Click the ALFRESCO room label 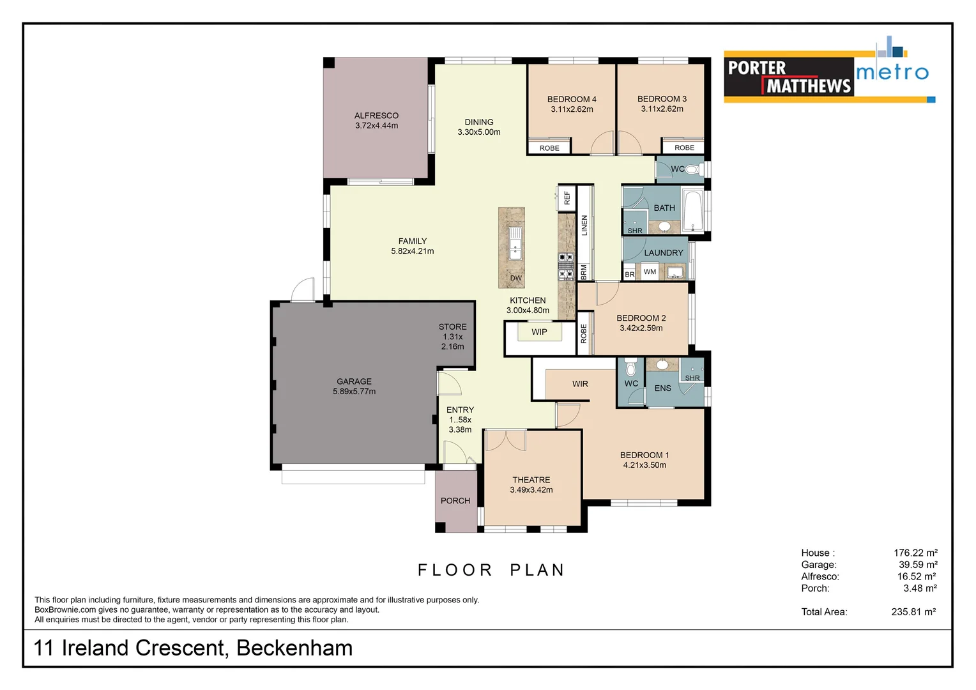click(x=376, y=116)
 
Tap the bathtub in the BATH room click(x=692, y=209)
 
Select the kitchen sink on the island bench click(x=515, y=243)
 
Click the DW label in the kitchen click(x=516, y=278)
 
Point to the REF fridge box click(x=567, y=198)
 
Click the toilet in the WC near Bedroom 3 click(x=695, y=169)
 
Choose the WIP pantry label click(x=539, y=332)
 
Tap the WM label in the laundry click(x=650, y=272)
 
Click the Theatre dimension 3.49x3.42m click(x=531, y=490)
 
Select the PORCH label click(x=455, y=501)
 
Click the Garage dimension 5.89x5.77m click(x=354, y=392)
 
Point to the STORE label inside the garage click(x=452, y=326)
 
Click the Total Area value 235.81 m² click(x=913, y=612)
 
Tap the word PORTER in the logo click(x=757, y=68)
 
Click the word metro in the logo click(x=892, y=72)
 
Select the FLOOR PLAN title click(x=491, y=570)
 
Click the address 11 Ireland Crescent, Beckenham click(x=193, y=648)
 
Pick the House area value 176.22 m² click(x=915, y=553)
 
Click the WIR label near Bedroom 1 click(x=580, y=384)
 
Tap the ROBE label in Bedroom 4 click(x=549, y=148)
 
